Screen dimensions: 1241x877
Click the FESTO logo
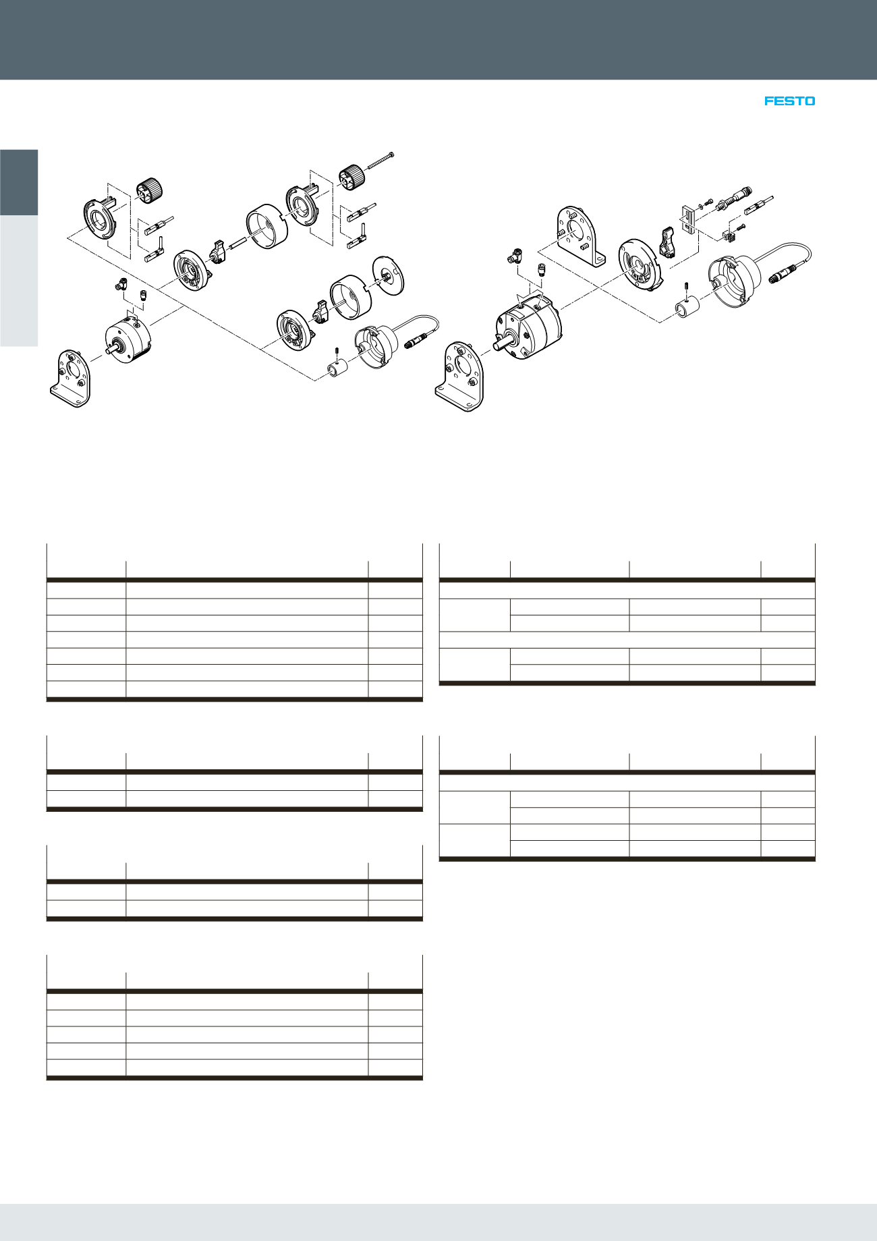789,101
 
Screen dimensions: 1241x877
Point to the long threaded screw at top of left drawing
379,161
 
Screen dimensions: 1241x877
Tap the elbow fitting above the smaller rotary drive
121,286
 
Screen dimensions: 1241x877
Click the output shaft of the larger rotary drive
501,344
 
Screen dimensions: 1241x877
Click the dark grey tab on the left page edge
19,182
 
